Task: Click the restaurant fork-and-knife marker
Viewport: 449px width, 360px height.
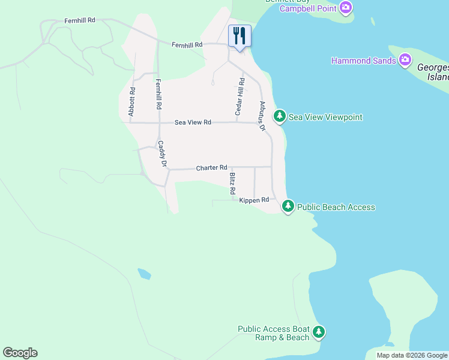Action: (x=240, y=35)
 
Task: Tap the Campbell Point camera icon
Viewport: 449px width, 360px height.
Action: (x=345, y=8)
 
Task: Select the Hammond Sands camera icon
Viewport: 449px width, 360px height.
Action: (x=405, y=59)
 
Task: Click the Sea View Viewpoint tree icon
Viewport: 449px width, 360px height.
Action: (x=279, y=116)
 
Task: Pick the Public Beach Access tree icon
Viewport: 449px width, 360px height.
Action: (x=288, y=206)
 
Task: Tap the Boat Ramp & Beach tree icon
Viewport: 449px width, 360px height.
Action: (x=319, y=332)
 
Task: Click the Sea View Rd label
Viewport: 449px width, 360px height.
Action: (x=193, y=122)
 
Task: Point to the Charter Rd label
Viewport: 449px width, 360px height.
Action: (x=211, y=168)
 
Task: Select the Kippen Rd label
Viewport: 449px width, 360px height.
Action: (x=254, y=200)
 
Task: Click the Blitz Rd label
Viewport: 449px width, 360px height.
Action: (x=232, y=184)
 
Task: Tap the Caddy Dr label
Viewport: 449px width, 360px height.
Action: (x=161, y=154)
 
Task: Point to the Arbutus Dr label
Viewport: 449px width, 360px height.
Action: (x=262, y=115)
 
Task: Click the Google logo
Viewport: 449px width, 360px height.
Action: (x=20, y=353)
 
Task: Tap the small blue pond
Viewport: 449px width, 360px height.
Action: (x=144, y=274)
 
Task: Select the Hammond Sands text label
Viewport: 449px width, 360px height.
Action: (x=363, y=61)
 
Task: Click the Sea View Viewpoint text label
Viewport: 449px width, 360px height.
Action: (x=325, y=117)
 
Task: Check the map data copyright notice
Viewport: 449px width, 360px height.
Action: (x=411, y=355)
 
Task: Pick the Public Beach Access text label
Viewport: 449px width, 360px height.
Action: (x=336, y=207)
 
